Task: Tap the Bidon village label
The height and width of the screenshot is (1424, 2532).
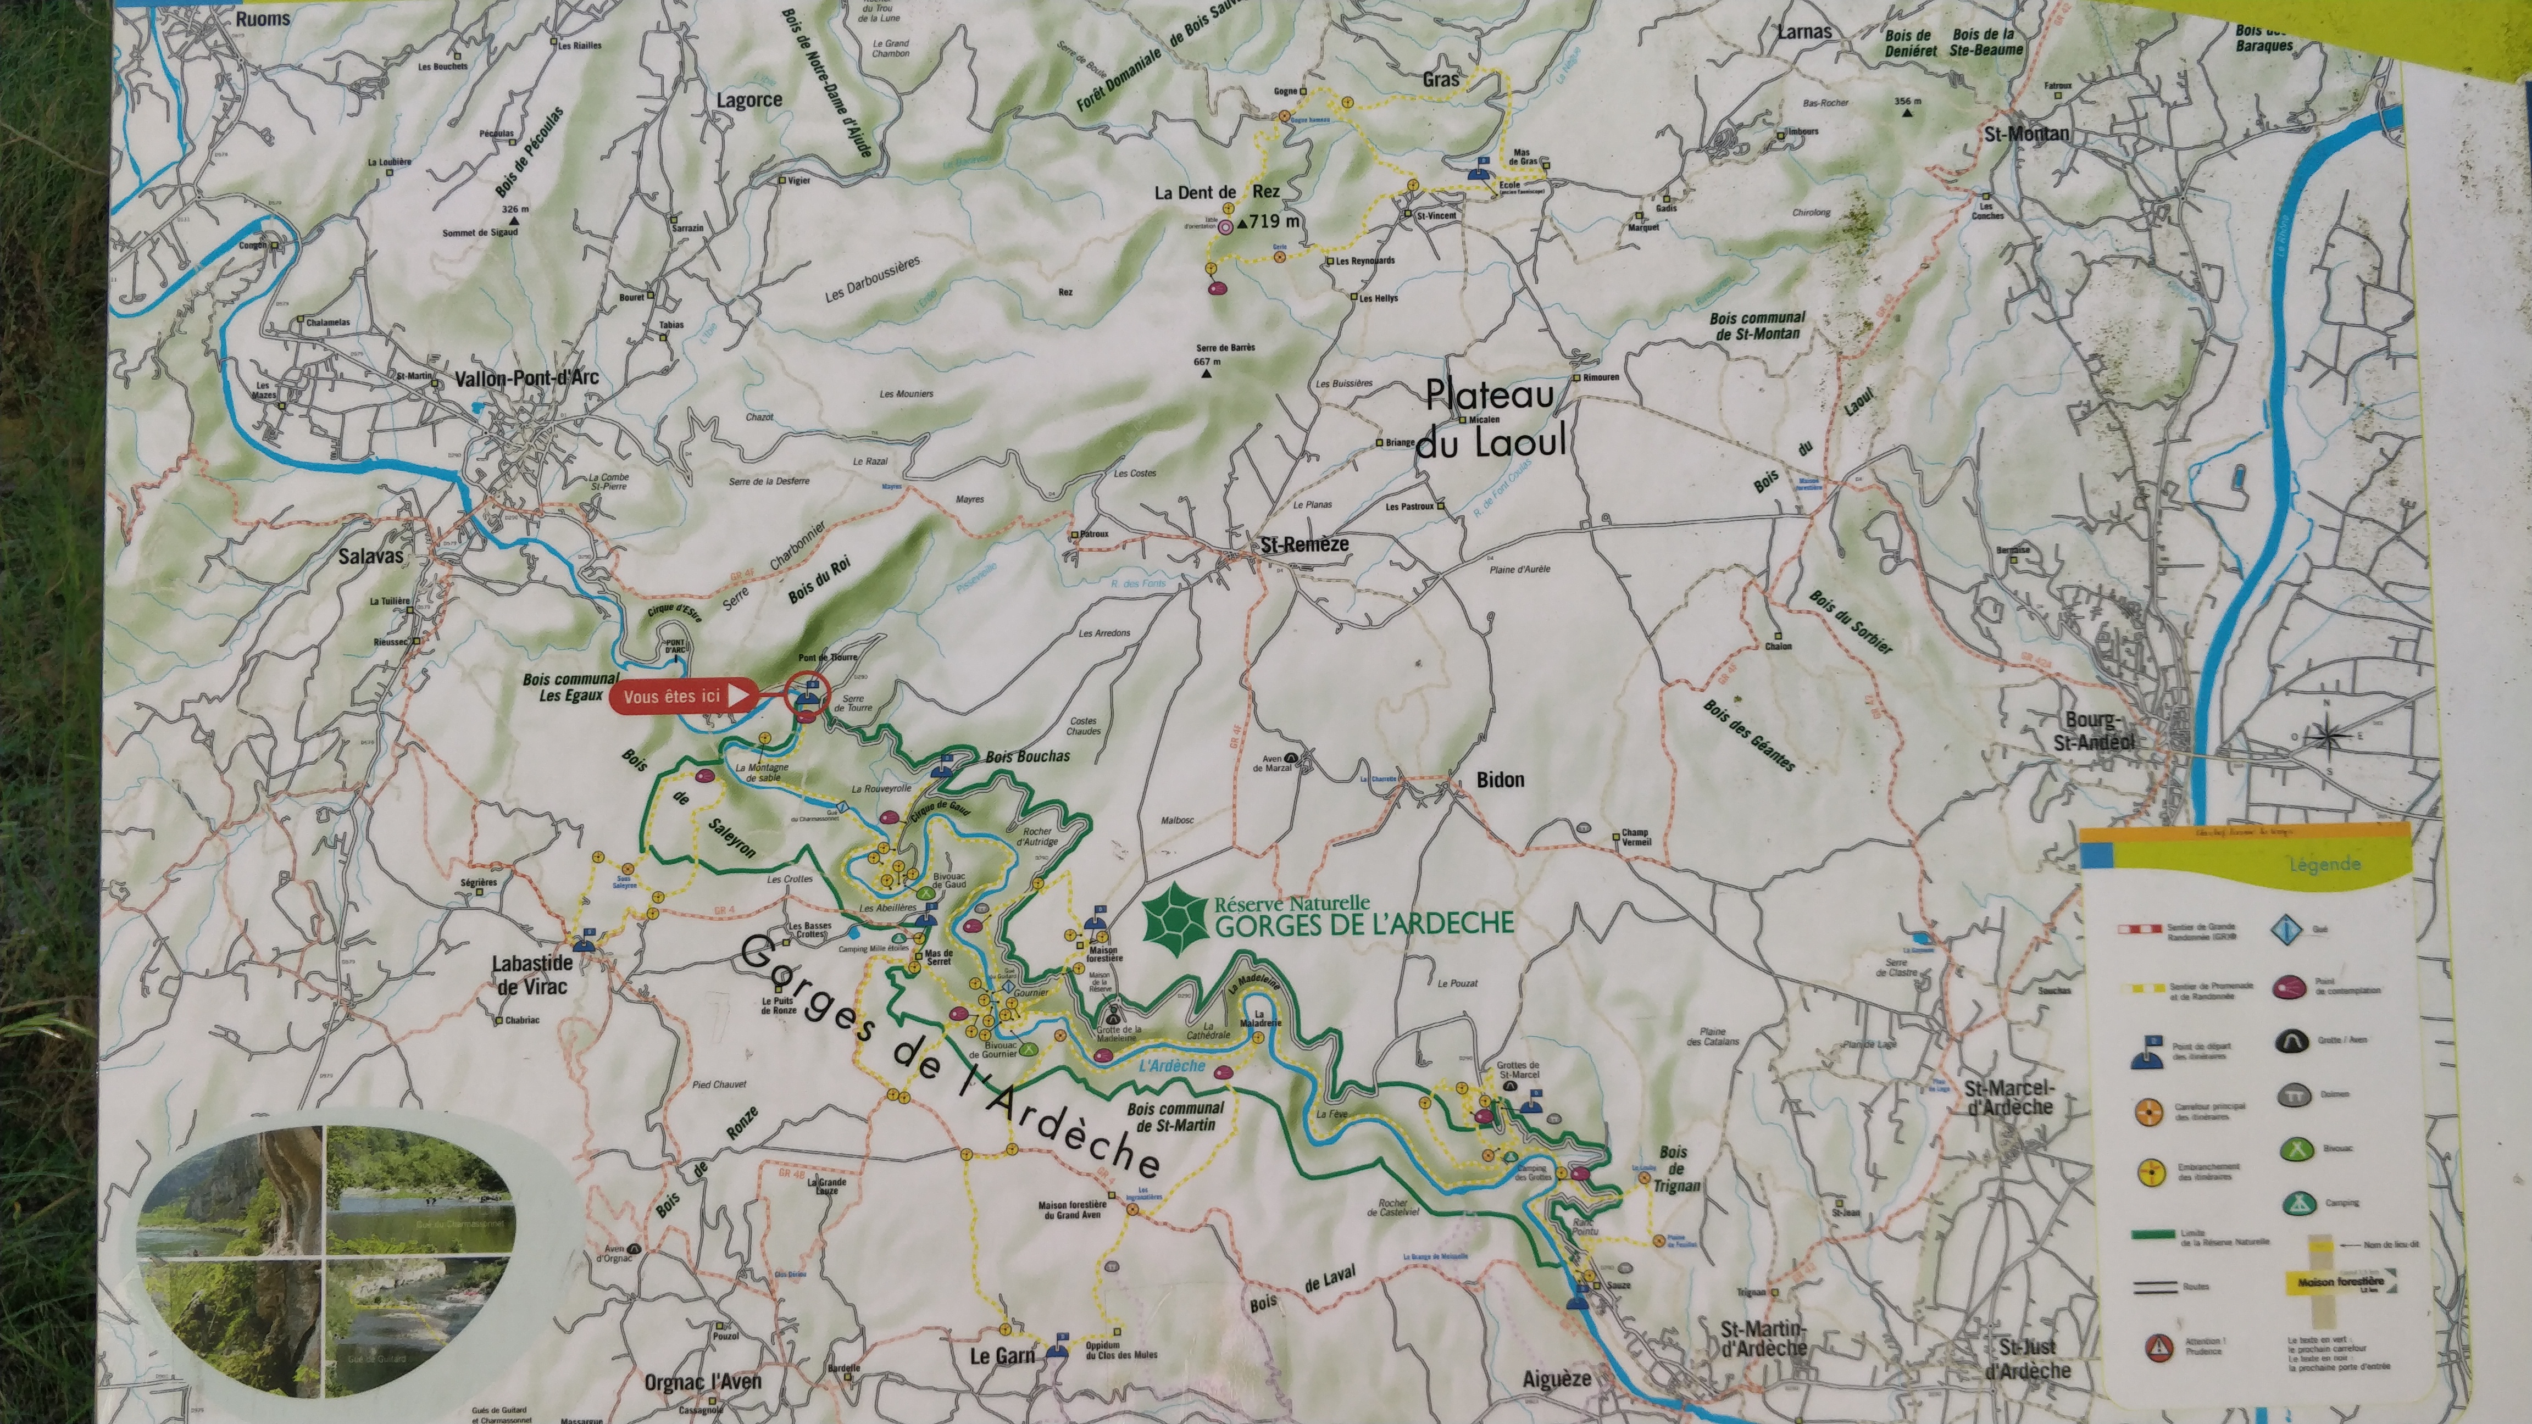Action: [1500, 780]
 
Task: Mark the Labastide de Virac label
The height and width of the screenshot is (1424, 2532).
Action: [532, 975]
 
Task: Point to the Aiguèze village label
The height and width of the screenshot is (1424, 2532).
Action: [1557, 1379]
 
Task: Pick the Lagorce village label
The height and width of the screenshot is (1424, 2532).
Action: [749, 100]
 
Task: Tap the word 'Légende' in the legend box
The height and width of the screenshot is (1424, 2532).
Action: [2325, 865]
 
